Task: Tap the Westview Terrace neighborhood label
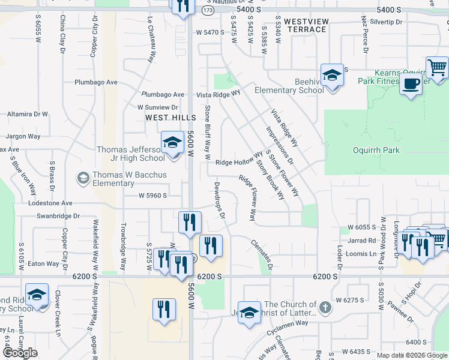click(x=306, y=25)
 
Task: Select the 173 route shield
click(x=208, y=11)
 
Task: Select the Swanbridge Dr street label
click(x=58, y=216)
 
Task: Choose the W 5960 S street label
click(x=152, y=196)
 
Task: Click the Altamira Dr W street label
click(x=27, y=113)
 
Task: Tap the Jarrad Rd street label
click(x=362, y=241)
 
